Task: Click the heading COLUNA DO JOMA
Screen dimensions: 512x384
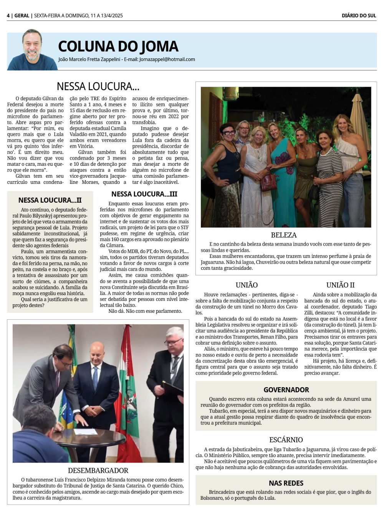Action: (x=118, y=46)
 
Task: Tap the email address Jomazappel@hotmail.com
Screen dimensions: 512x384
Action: (x=167, y=59)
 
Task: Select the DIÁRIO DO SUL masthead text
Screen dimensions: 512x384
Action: (x=359, y=16)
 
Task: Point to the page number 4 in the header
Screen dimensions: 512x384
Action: (x=8, y=16)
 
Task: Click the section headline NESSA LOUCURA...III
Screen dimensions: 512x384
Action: (x=144, y=194)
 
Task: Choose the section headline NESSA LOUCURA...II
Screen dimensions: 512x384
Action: (x=50, y=200)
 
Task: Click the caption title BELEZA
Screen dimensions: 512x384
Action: (x=284, y=235)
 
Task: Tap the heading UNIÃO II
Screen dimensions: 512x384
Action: (x=340, y=285)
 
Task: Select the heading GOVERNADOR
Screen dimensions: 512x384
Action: (x=286, y=390)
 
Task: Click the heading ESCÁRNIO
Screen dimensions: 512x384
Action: (x=286, y=440)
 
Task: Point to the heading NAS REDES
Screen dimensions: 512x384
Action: (x=286, y=483)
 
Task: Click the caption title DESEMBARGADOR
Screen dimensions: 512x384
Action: (x=98, y=471)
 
